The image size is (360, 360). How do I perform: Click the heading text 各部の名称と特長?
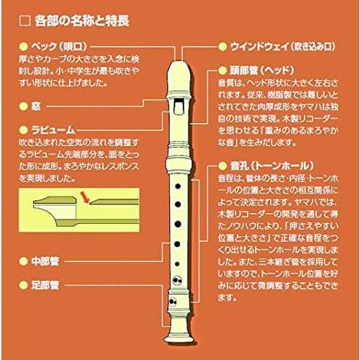point(80,21)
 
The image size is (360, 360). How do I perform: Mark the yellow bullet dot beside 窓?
point(24,105)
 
